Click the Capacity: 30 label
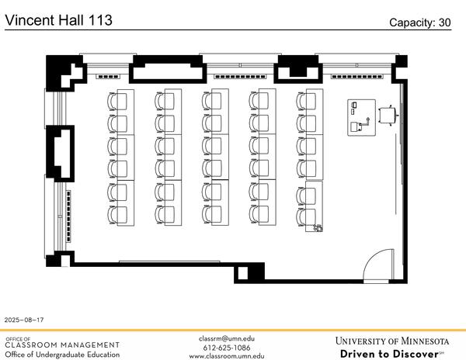click(x=420, y=22)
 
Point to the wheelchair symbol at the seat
click(x=318, y=227)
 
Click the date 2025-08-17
click(x=24, y=320)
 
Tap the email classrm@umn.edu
click(x=227, y=338)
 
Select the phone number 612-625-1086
click(x=227, y=348)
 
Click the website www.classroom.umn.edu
click(x=227, y=356)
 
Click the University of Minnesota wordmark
click(x=392, y=341)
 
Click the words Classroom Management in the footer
click(x=62, y=344)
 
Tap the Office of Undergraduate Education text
click(x=62, y=355)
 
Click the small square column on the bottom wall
click(x=242, y=273)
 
